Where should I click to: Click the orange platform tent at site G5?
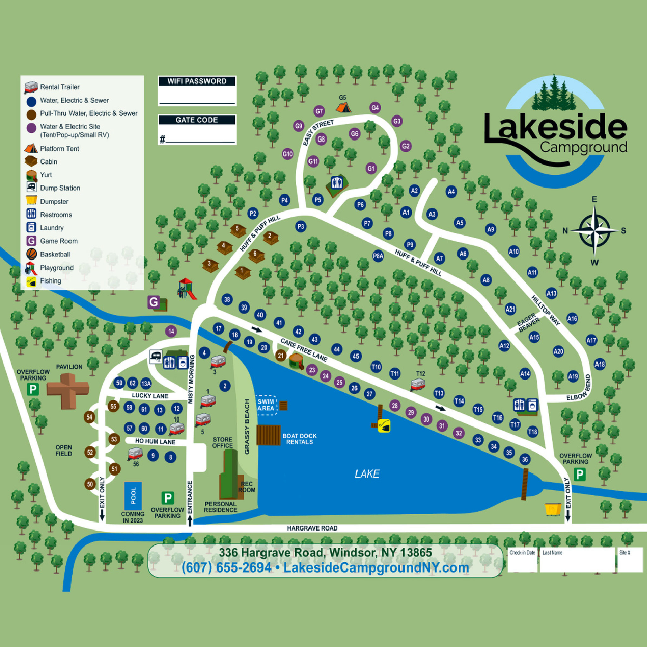click(343, 107)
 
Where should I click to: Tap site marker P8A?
click(378, 256)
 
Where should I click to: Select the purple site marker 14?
click(171, 331)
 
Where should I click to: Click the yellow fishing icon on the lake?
click(384, 426)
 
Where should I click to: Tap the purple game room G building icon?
click(154, 302)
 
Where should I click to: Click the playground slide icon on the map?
click(187, 289)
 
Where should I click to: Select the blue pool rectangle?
click(133, 496)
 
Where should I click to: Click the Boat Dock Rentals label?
click(299, 439)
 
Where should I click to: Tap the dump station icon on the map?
click(155, 357)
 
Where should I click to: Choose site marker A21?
click(511, 309)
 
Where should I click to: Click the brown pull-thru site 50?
click(90, 484)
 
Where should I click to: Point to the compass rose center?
click(595, 231)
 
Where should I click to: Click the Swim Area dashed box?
click(266, 405)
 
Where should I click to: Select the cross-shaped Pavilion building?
click(68, 390)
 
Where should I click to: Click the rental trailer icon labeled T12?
click(418, 385)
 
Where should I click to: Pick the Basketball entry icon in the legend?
click(32, 254)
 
